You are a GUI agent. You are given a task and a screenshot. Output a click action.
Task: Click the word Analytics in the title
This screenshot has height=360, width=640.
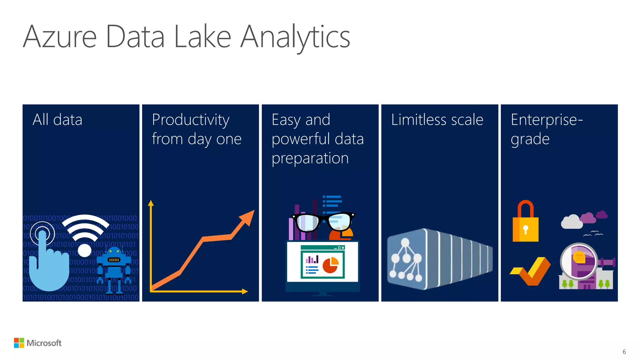[295, 37]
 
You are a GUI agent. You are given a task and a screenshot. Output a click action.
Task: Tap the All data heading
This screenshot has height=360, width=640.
[57, 120]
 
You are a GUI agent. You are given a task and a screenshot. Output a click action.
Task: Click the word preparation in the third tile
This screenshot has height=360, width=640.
[310, 158]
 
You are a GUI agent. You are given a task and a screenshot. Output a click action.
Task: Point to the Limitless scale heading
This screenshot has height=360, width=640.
[437, 120]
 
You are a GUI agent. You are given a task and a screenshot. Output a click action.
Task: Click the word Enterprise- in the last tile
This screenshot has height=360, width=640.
[547, 120]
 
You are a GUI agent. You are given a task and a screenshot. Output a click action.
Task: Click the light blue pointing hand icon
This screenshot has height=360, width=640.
[50, 262]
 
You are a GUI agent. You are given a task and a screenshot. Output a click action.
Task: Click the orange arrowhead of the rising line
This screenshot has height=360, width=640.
[247, 217]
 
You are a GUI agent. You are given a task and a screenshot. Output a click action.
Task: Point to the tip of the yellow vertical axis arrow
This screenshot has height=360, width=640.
[151, 203]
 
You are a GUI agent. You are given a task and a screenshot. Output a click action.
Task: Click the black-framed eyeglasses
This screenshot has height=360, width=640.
[323, 222]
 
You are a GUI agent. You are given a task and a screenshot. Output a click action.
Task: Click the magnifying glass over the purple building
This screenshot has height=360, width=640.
[579, 261]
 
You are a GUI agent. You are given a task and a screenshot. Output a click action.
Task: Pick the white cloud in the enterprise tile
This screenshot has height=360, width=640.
[572, 222]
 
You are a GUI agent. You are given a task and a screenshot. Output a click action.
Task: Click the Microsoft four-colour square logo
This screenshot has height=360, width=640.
[19, 343]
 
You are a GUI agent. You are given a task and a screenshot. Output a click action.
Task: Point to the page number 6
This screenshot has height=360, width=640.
[624, 352]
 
